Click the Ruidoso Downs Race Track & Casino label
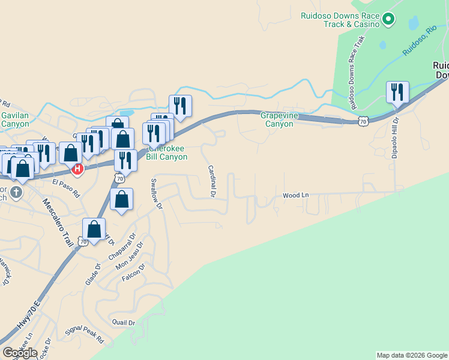340,20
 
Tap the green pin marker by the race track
388,20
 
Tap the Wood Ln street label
295,195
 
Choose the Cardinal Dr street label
211,181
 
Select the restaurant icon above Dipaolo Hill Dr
397,92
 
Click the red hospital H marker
77,170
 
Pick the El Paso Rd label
66,189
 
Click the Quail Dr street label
124,322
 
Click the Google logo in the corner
20,353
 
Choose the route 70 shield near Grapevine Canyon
362,121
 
